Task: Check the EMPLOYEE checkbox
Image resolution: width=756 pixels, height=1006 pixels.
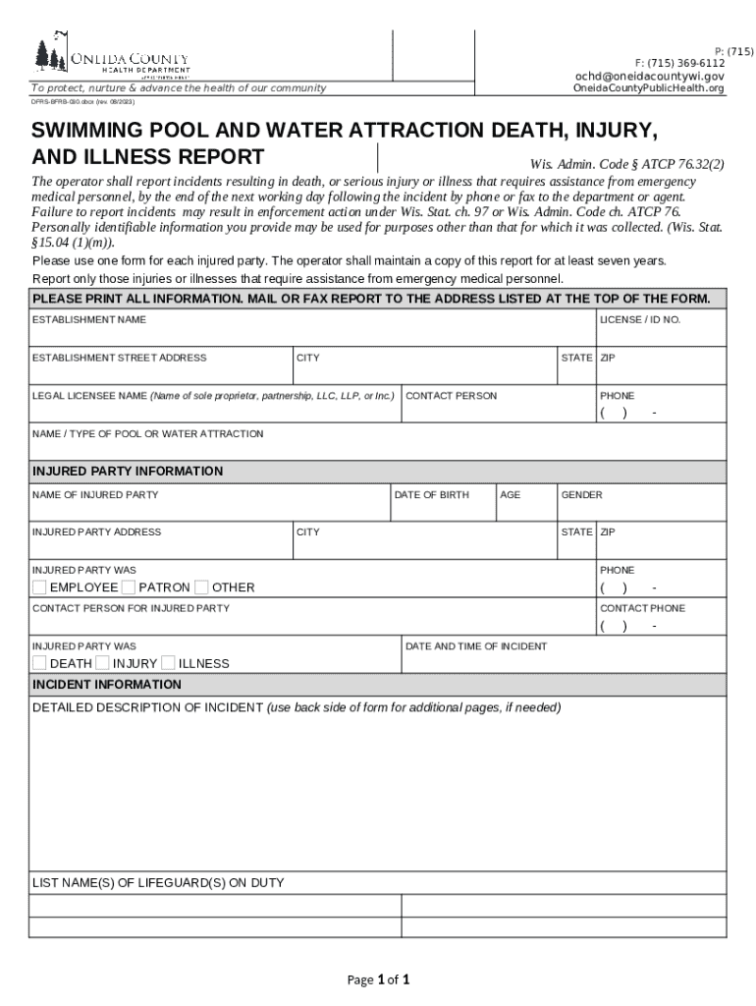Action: pos(39,587)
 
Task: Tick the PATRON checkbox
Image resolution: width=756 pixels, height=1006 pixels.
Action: pos(128,587)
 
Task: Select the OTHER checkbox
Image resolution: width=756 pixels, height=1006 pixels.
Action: pos(201,587)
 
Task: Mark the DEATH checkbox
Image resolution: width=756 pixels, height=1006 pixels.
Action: pos(39,663)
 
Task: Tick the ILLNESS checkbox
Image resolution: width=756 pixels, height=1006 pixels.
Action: pos(168,663)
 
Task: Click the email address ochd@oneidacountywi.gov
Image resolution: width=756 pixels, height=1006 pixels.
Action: pos(650,76)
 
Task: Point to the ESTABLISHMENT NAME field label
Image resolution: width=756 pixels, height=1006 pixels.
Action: pos(89,320)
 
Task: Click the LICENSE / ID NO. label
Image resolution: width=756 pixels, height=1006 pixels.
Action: pos(640,320)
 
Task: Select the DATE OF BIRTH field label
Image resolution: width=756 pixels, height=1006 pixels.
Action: pos(431,495)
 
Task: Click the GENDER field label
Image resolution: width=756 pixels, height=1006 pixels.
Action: pos(581,495)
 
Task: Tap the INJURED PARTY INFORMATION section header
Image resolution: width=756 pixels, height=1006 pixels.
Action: pos(128,472)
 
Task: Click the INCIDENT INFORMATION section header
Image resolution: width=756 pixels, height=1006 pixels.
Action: pos(107,685)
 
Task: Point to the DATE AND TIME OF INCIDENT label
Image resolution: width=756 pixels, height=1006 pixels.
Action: pos(476,646)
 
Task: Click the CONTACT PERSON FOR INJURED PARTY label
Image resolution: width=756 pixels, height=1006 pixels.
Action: pos(131,608)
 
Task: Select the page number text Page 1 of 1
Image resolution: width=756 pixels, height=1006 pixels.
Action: pos(378,979)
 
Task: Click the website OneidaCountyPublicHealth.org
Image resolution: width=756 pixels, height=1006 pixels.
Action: pos(649,88)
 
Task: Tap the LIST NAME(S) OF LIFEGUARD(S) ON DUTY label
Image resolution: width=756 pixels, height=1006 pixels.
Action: pos(158,883)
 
